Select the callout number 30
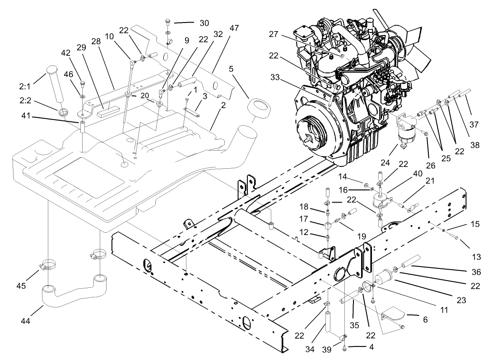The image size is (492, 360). [204, 23]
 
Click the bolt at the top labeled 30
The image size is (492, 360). [167, 22]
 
